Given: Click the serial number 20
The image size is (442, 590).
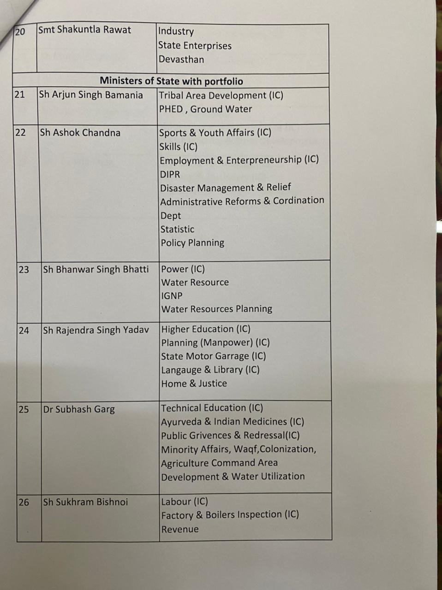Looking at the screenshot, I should tap(20, 32).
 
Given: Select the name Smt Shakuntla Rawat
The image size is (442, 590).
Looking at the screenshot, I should tap(84, 30).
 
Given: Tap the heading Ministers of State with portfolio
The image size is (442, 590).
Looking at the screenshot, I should tap(171, 81).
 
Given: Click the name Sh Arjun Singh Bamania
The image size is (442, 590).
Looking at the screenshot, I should tap(91, 95).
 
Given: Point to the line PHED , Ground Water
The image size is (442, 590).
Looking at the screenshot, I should tap(205, 109).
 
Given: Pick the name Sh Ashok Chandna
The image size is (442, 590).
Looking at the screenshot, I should tap(80, 133).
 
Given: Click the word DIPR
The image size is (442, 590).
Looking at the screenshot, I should tap(170, 174).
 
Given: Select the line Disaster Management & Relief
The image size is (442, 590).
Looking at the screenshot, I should tap(225, 188).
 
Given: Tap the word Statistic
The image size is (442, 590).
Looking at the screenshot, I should tap(177, 229).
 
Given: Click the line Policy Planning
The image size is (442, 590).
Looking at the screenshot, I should tap(192, 243).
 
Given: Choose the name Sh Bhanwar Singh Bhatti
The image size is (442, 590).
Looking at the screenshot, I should tap(96, 269).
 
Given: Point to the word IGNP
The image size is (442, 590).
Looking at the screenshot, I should tap(172, 296).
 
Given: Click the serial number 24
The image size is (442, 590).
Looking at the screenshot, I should tap(24, 330).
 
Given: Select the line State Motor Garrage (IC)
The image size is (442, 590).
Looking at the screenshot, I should tap(213, 356).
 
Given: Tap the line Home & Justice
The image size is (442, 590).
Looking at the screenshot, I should tap(194, 383).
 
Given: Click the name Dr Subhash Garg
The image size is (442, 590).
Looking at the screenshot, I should tap(78, 409).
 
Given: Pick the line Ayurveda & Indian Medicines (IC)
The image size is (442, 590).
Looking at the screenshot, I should tap(232, 422).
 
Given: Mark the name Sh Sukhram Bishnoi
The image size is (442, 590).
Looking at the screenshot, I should tap(85, 502).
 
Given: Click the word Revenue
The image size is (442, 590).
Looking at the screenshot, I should tap(180, 529).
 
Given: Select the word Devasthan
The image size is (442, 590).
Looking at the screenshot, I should tap(181, 59).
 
